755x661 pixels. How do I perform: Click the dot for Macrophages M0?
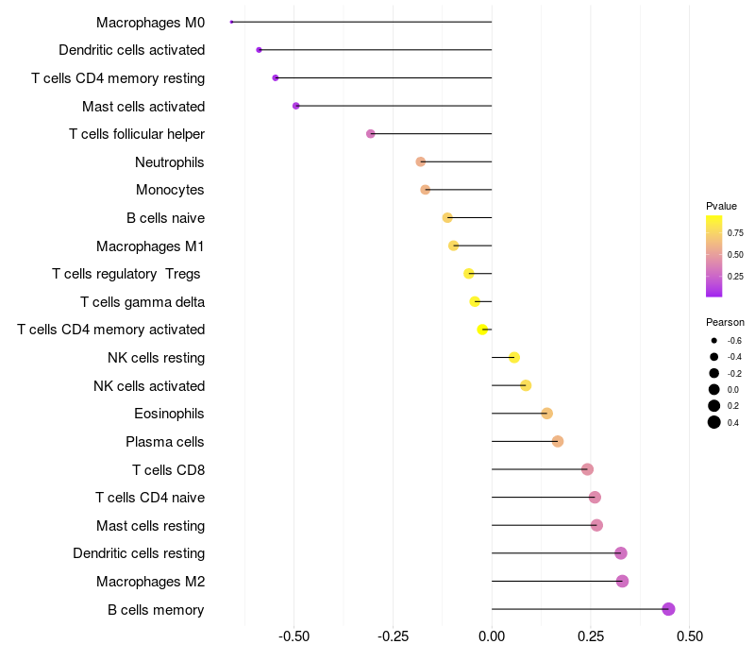[x=231, y=22]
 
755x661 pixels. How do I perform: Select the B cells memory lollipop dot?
[x=669, y=609]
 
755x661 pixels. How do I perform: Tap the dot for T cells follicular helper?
[x=371, y=134]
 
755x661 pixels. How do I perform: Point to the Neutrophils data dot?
[x=421, y=161]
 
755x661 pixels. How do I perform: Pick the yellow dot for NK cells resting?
[x=514, y=357]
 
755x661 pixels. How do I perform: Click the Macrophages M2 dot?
[x=622, y=581]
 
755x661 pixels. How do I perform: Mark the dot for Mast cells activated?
[x=296, y=106]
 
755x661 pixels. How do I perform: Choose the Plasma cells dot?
[x=558, y=441]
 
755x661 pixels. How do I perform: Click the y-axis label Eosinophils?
[x=170, y=414]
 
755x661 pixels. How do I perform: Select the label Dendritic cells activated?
[x=131, y=50]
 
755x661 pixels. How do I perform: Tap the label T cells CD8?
[x=168, y=469]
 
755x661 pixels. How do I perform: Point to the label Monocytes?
[x=170, y=190]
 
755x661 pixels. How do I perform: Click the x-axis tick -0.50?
[x=294, y=638]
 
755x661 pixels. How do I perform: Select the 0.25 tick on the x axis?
[x=591, y=638]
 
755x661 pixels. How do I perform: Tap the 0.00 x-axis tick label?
[x=492, y=638]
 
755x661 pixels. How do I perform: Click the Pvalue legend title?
[x=721, y=206]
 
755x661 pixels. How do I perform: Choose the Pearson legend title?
[x=725, y=322]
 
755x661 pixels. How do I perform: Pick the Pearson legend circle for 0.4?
[x=714, y=422]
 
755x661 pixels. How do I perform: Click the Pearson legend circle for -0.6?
[x=714, y=340]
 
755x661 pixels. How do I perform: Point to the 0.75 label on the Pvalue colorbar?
[x=735, y=232]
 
